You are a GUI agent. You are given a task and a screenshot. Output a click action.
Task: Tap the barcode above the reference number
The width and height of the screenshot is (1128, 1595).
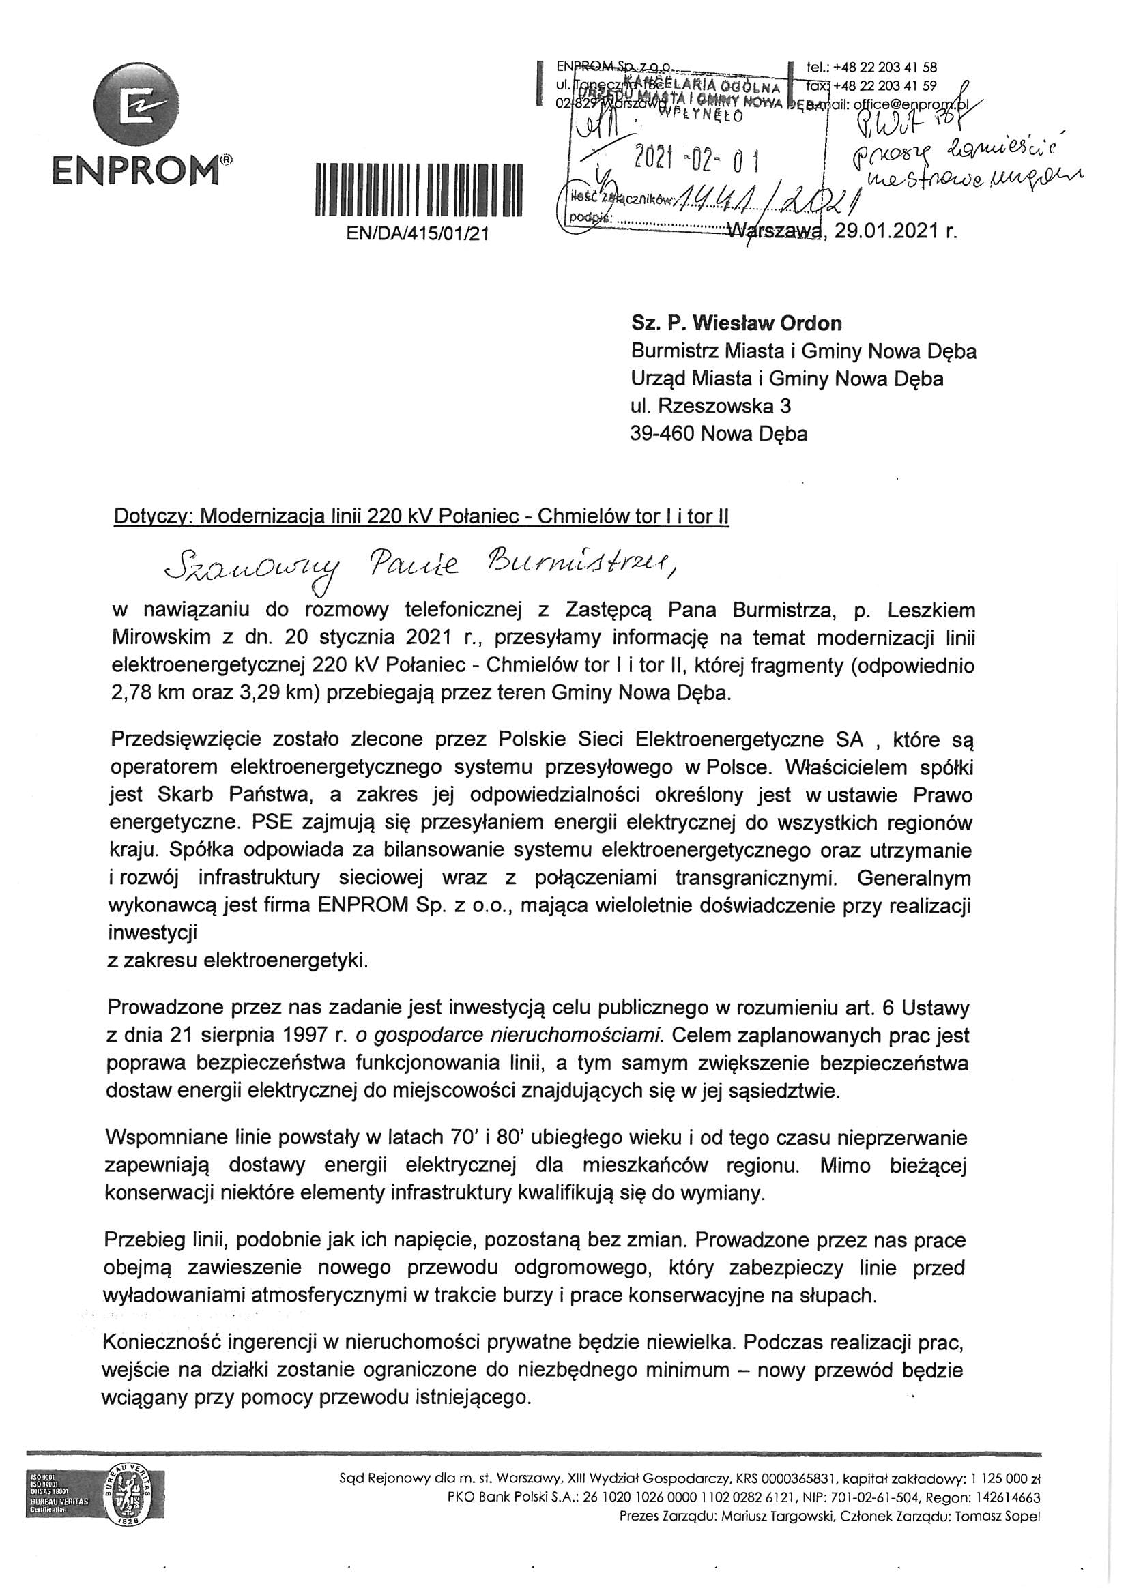click(418, 190)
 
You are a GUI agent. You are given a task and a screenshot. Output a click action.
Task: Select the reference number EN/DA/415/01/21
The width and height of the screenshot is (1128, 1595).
click(418, 234)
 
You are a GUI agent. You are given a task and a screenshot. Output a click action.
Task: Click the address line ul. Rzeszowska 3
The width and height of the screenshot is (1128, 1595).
click(710, 406)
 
